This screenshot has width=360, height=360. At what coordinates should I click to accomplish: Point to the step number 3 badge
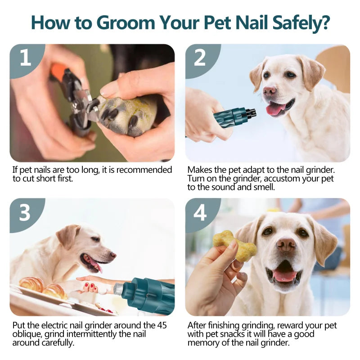pos(25,213)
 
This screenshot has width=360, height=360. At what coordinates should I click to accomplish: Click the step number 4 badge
pos(200,213)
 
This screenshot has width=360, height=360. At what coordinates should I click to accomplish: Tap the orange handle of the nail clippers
pos(58,72)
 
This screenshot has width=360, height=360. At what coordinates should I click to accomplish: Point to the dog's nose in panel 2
pos(270,91)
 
